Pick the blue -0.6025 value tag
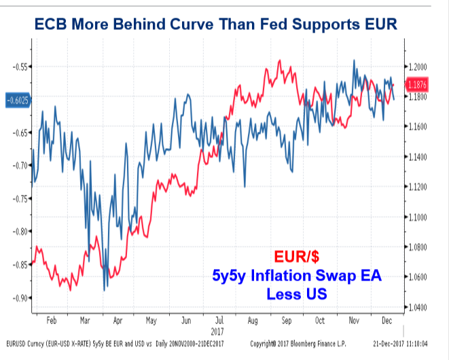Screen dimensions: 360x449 [x=17, y=100]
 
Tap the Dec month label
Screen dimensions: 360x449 [x=387, y=319]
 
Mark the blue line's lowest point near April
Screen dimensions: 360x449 [x=105, y=291]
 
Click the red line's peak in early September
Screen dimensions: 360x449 [x=279, y=60]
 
